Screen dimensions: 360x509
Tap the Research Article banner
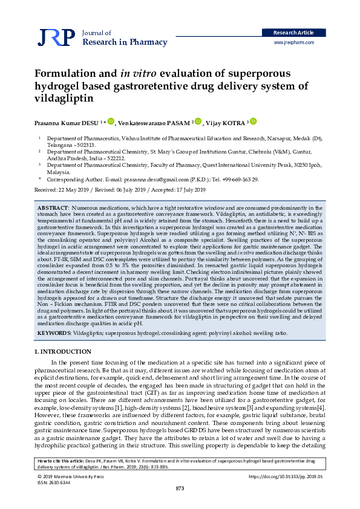point(294,33)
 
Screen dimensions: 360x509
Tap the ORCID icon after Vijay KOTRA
point(254,122)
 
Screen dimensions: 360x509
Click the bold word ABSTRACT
point(53,208)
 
